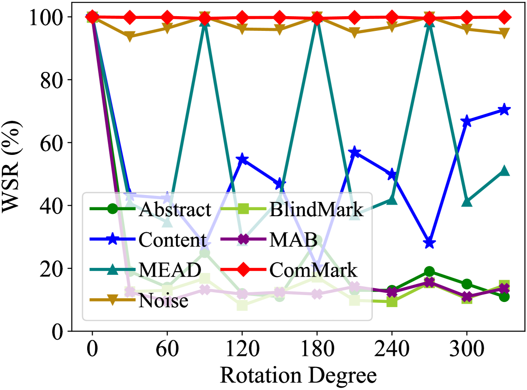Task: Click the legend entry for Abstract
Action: click(x=175, y=210)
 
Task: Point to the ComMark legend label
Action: click(x=314, y=271)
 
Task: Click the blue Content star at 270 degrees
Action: click(x=429, y=243)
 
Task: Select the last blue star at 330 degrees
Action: click(x=504, y=110)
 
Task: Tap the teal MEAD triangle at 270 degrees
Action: click(x=429, y=23)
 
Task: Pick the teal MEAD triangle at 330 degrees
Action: click(x=504, y=171)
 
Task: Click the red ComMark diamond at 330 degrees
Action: click(x=504, y=18)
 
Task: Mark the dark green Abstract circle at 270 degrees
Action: click(x=429, y=272)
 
